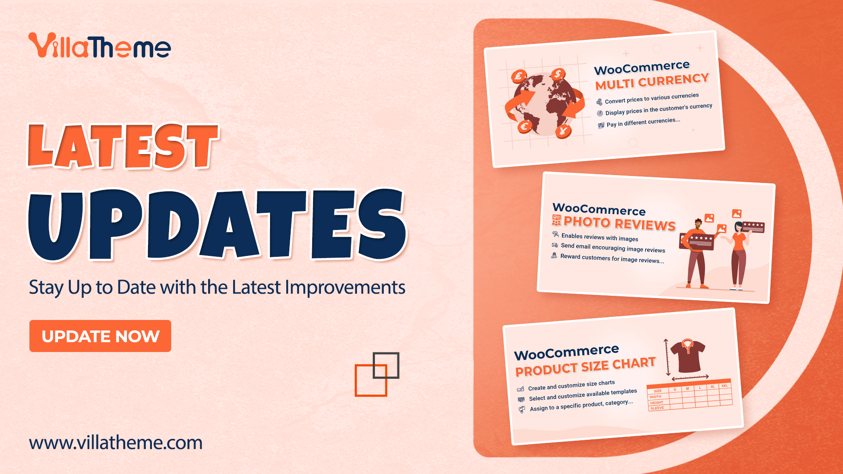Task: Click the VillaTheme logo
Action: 100,46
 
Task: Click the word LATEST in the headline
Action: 123,147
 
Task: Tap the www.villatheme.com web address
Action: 116,442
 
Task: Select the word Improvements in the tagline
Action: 345,288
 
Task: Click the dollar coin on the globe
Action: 558,74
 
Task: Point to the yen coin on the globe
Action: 562,131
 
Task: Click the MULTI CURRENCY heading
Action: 652,81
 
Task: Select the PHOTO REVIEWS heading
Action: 619,223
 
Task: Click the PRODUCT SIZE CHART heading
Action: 585,367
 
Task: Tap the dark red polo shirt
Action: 687,355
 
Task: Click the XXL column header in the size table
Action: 724,386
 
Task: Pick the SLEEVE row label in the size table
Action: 657,408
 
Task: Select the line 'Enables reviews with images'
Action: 600,237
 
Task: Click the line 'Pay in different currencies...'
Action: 643,122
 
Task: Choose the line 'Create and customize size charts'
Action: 571,385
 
